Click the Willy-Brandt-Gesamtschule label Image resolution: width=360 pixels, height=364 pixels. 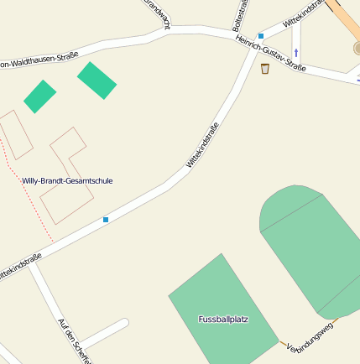click(x=67, y=180)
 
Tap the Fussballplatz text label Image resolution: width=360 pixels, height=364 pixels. click(x=223, y=319)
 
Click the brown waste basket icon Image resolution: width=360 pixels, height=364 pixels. click(x=265, y=68)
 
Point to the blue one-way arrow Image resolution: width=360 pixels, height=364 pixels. click(x=296, y=53)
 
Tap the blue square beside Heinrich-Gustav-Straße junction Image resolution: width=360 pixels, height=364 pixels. click(x=261, y=36)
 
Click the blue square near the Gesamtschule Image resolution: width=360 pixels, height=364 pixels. click(x=106, y=220)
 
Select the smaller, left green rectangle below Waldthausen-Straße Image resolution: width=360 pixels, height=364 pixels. click(x=39, y=96)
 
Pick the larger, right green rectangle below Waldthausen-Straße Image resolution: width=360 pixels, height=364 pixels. click(x=97, y=80)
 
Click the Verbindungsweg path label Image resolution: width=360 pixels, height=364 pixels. click(x=310, y=335)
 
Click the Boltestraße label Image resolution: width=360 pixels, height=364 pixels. click(x=239, y=15)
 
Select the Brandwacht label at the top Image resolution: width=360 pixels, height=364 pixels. click(x=157, y=12)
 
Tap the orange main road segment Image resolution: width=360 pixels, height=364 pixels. click(x=346, y=21)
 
